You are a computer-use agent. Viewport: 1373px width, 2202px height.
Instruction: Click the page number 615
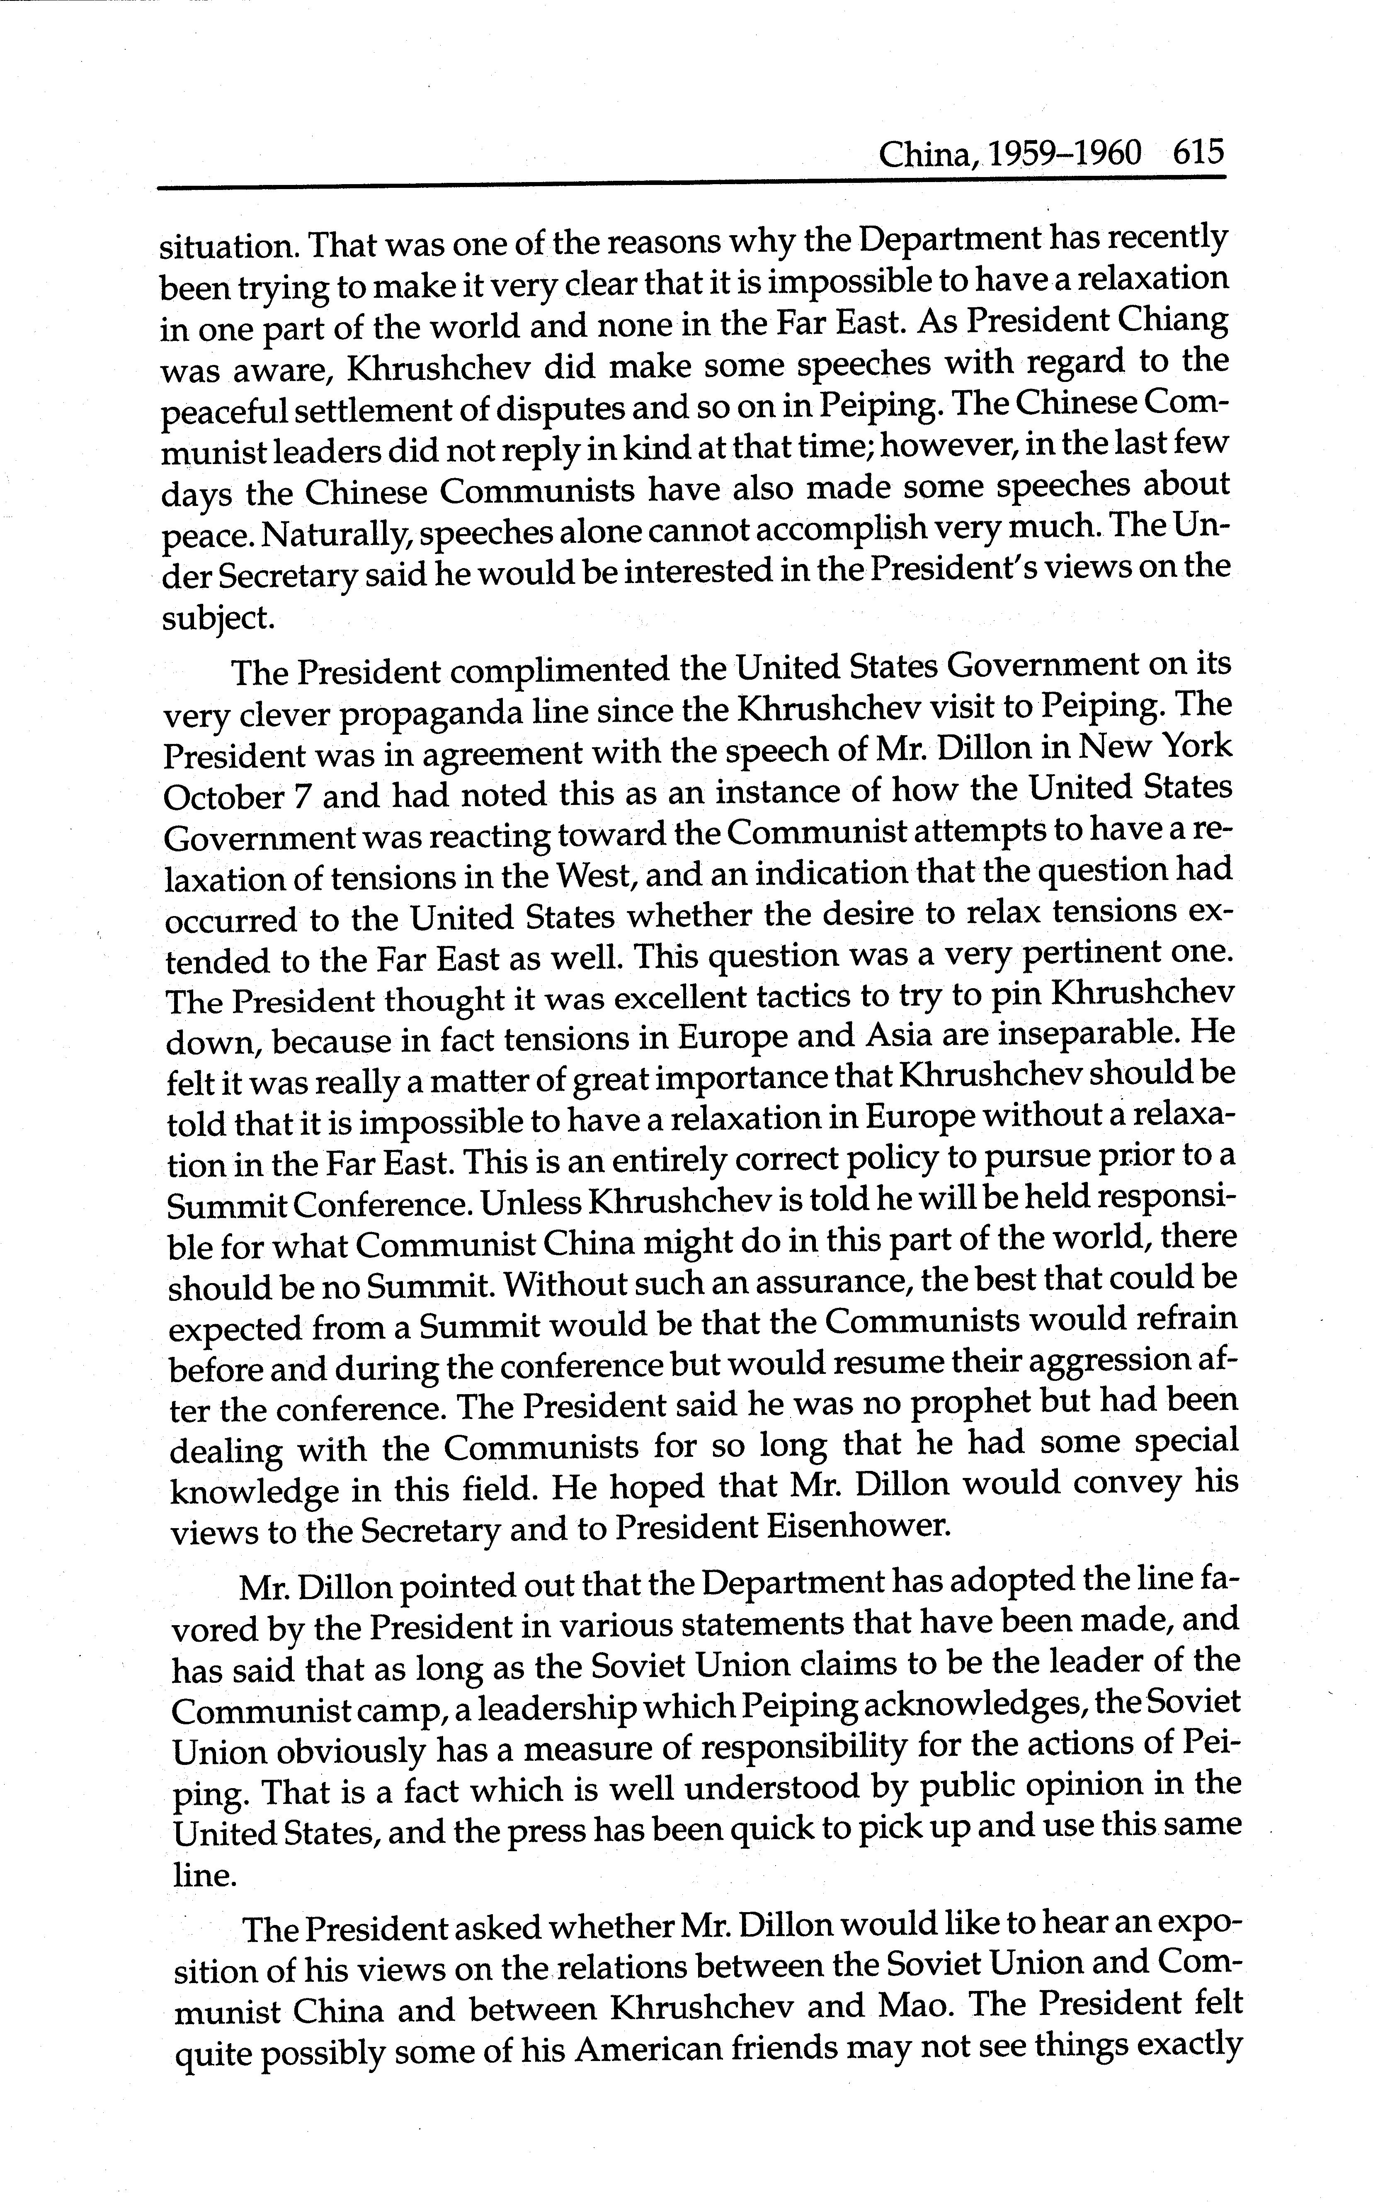click(1198, 152)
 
